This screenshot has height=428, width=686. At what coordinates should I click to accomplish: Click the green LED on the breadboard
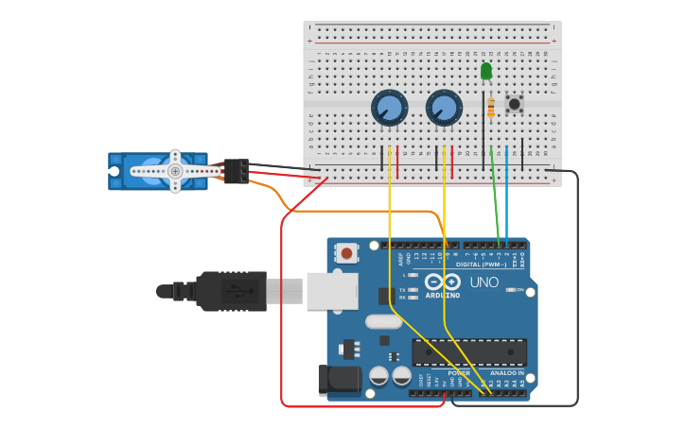pos(486,71)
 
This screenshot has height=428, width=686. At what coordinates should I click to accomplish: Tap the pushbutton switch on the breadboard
pos(514,104)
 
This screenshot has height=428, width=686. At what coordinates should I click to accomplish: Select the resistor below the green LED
pos(490,109)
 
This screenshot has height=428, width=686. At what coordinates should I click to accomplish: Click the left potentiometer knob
pos(389,108)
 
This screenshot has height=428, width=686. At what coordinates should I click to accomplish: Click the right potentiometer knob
pos(444,108)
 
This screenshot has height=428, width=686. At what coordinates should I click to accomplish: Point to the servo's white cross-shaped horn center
pos(175,171)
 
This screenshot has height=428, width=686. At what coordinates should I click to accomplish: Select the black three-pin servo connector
pos(236,171)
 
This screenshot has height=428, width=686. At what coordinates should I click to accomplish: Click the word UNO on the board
pos(484,282)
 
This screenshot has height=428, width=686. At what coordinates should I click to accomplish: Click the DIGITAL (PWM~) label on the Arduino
pos(481,265)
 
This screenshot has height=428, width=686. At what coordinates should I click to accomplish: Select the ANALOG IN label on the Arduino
pos(506,373)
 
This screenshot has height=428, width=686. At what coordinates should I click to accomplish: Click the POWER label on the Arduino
pos(459,373)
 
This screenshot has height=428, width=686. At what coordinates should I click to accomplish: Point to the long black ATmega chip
pos(469,352)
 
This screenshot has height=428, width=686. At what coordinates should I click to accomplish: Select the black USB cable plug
pos(231,290)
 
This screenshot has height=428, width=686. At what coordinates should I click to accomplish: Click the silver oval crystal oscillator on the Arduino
pos(384,321)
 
